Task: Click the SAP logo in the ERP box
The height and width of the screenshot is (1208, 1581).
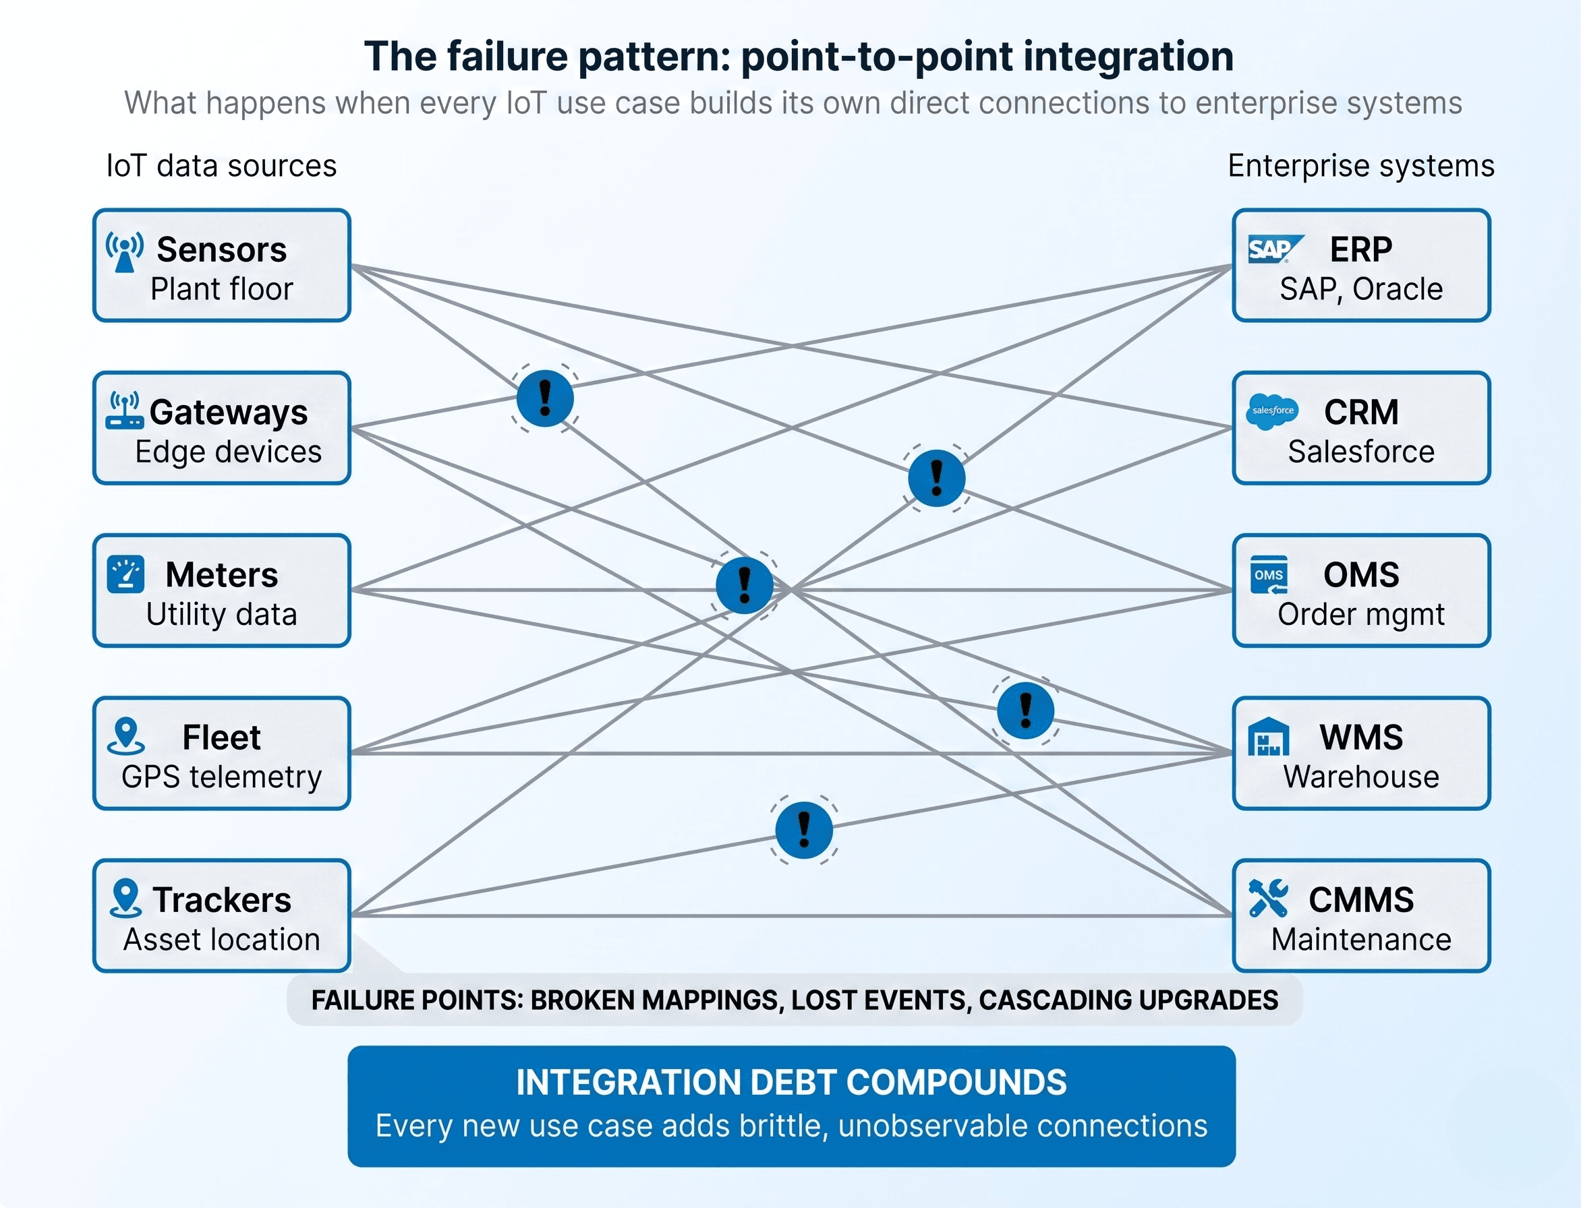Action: [1274, 249]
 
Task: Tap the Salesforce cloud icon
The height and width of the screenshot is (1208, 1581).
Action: [1271, 411]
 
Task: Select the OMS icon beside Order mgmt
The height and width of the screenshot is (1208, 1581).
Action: [1269, 574]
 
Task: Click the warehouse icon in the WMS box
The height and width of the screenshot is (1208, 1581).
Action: [1268, 737]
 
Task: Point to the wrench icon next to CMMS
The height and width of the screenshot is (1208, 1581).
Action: [1268, 898]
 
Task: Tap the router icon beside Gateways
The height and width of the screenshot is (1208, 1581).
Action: [124, 411]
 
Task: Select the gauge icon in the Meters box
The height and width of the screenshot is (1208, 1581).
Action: [126, 574]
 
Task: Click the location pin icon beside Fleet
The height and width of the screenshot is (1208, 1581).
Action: [126, 736]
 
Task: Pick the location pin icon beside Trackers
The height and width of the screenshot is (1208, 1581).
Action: [126, 898]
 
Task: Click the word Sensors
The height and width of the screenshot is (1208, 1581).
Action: [221, 250]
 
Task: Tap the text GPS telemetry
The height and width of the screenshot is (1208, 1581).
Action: [221, 777]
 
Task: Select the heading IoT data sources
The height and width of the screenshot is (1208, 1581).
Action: [221, 166]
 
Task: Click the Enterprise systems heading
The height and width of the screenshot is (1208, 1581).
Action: [1361, 166]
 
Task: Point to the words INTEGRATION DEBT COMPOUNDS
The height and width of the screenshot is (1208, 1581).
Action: [791, 1083]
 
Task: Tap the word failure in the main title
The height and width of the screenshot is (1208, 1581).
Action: [507, 57]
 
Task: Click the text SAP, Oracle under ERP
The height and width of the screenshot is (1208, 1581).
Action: [1361, 289]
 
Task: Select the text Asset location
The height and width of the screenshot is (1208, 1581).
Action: [221, 940]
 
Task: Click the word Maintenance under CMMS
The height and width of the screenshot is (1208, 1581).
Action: [1361, 940]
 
